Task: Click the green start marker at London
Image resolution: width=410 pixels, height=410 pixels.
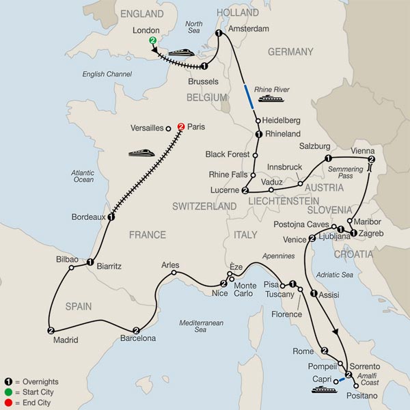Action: pos(152,42)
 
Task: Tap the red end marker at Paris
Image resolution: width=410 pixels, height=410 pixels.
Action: pos(181,126)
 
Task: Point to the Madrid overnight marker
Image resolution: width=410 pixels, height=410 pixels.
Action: pos(51,330)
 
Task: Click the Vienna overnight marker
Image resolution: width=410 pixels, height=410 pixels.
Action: pos(371,160)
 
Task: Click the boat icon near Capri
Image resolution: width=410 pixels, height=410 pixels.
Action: pos(319,390)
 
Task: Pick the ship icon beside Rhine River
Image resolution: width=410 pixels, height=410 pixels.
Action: pos(266,100)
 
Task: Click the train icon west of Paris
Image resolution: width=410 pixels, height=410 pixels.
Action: pos(141,152)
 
